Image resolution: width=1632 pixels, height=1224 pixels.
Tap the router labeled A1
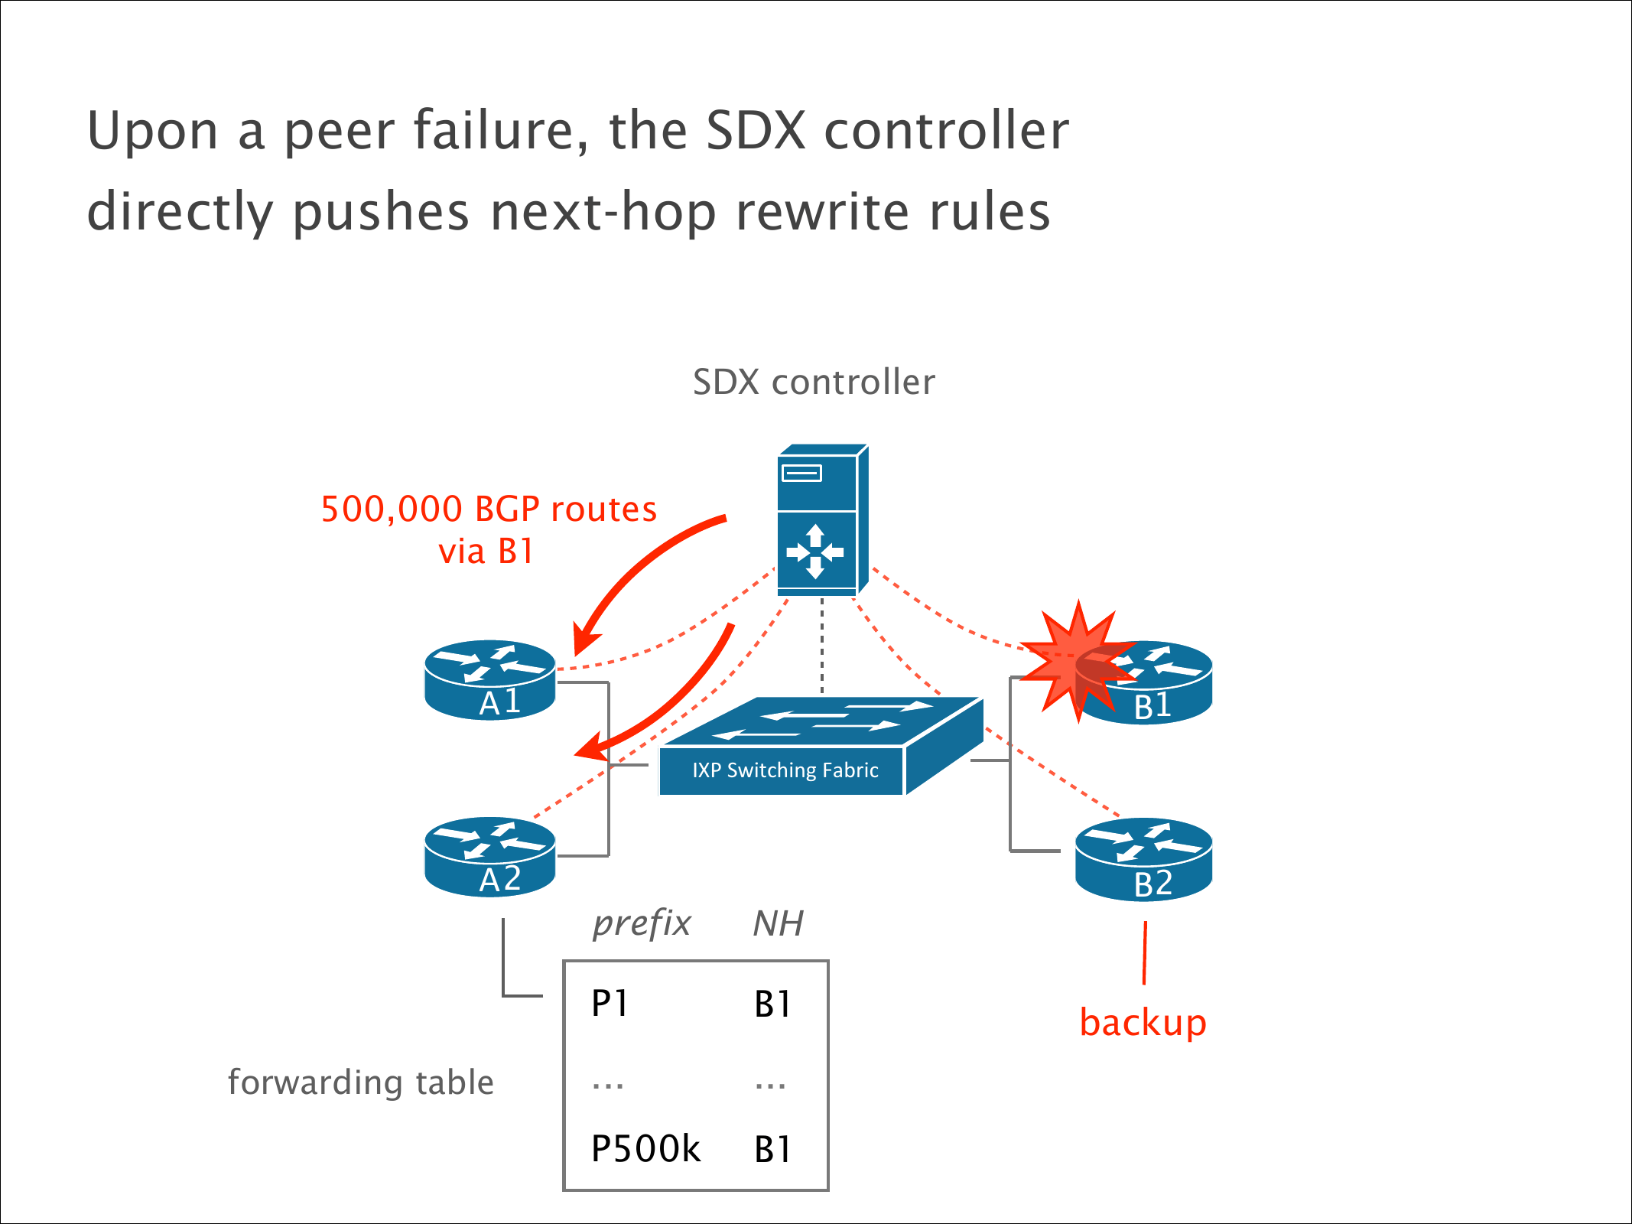pos(489,680)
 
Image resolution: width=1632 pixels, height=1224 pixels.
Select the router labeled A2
pos(489,857)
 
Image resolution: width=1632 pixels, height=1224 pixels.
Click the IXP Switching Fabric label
pos(785,770)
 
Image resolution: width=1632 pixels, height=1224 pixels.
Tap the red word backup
pos(1143,1023)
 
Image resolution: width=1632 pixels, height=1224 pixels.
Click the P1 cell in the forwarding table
pos(610,1004)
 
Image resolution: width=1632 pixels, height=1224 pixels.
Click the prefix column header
pos(642,923)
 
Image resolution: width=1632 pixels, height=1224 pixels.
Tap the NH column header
pos(778,923)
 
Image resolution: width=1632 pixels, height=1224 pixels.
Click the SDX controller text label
pos(814,382)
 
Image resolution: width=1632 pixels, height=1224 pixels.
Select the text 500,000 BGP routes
pos(489,509)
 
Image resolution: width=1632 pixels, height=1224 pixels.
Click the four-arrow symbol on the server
pos(815,552)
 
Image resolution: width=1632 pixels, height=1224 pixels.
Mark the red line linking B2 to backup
pos(1145,952)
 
